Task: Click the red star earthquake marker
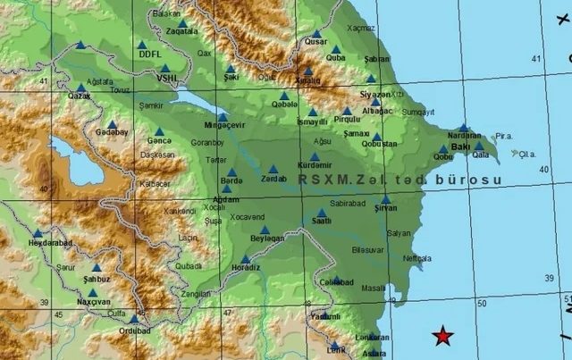coord(442,336)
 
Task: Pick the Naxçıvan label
coord(93,302)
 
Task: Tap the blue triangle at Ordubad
coord(134,317)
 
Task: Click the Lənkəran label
coord(373,338)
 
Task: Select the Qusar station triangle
coord(315,33)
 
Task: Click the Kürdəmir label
coord(315,165)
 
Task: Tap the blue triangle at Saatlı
coord(322,213)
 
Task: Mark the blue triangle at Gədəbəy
coord(113,124)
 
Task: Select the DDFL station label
coord(151,54)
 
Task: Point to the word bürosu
coord(465,179)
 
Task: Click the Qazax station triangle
coord(80,87)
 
